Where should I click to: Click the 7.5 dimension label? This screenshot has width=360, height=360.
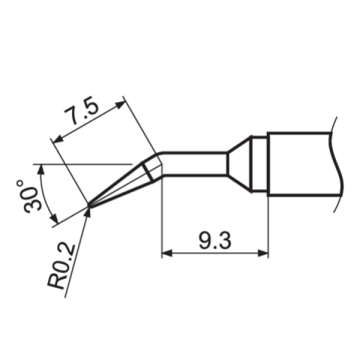(82, 110)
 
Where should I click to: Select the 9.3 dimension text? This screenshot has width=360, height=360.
(215, 241)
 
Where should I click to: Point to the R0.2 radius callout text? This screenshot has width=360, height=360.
(61, 266)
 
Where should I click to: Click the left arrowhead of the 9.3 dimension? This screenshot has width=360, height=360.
(167, 253)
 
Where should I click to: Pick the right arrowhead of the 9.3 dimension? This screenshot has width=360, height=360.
(263, 253)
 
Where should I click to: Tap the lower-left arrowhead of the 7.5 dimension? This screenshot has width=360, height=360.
(58, 139)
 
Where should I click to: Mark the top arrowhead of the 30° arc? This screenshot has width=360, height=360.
(41, 169)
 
